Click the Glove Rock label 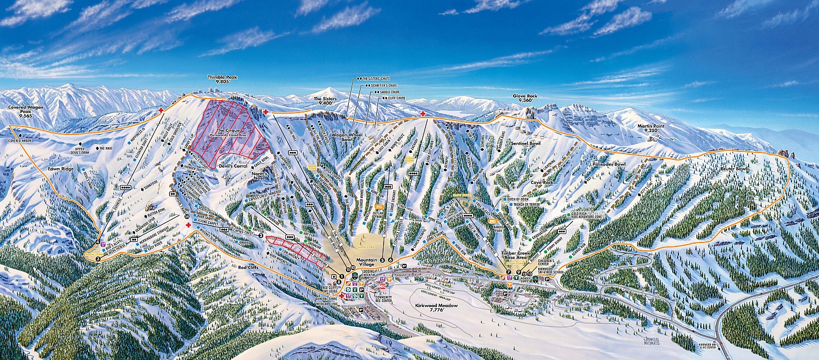tap(524, 99)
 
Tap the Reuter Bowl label tap(734, 168)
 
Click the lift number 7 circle tap(508, 272)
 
